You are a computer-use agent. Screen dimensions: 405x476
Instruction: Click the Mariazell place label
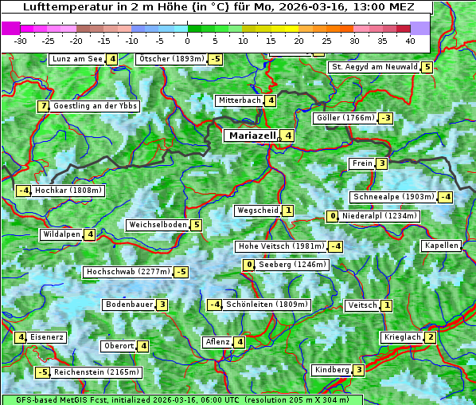point(252,136)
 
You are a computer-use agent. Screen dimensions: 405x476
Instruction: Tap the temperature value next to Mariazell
point(288,136)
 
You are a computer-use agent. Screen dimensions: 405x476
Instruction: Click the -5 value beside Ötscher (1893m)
point(217,59)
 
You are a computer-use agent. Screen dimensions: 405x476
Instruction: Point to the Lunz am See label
point(76,59)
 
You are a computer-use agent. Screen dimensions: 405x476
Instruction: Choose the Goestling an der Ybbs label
point(96,106)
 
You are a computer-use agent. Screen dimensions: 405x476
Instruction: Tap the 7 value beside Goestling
point(43,106)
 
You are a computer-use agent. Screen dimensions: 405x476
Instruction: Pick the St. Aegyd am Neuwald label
point(374,67)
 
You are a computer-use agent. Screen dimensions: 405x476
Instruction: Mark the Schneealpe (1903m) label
point(393,197)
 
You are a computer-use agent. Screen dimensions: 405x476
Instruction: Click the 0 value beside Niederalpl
point(333,216)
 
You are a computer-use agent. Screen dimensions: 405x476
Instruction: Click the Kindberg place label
point(331,370)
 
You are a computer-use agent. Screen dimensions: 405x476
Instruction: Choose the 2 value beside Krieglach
point(431,337)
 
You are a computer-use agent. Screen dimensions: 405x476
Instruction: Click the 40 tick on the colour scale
point(410,40)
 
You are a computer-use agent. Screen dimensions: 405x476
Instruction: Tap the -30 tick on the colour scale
point(21,40)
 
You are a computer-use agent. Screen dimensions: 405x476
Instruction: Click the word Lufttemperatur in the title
point(60,7)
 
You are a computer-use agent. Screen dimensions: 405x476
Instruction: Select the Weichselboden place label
point(158,225)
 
